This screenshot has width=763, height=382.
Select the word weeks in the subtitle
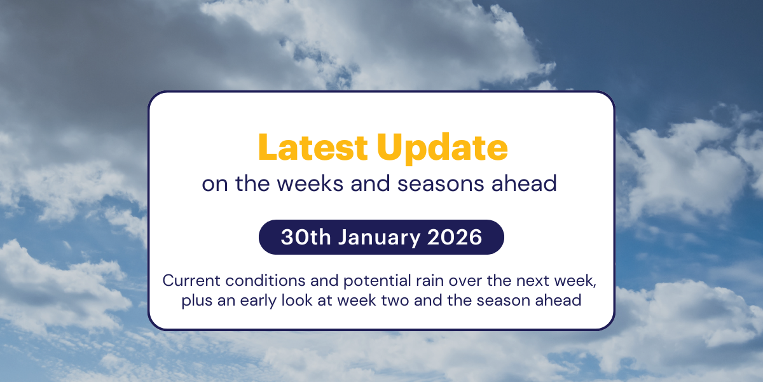click(294, 184)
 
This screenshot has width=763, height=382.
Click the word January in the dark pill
click(381, 237)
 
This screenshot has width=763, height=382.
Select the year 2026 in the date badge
click(455, 237)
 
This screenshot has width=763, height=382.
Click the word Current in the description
click(189, 280)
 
